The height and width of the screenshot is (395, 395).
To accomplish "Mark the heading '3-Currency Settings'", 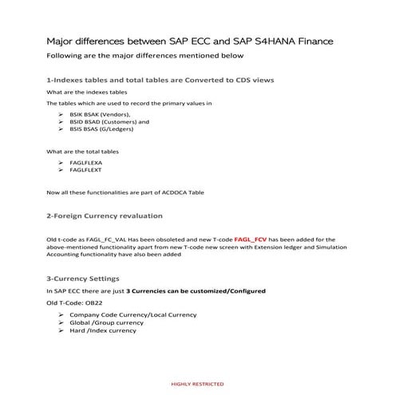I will point(84,279).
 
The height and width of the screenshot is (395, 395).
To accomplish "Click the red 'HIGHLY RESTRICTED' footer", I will point(197,384).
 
